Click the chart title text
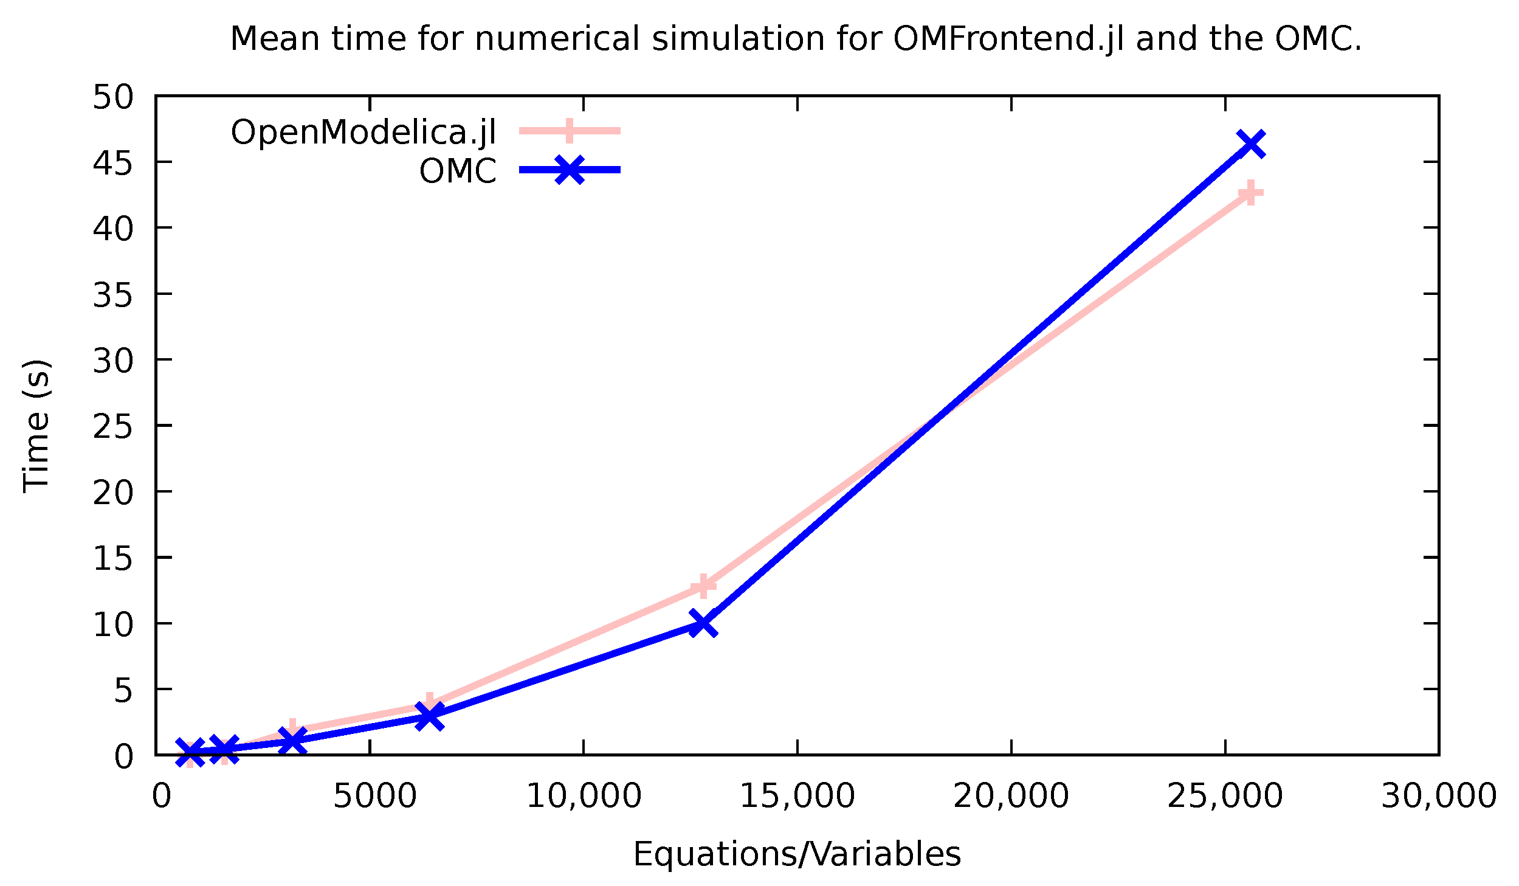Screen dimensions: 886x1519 tap(796, 40)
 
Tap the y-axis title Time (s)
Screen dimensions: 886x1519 tap(36, 426)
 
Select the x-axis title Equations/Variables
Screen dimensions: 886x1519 tap(797, 854)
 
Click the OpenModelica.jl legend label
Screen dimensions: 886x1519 tap(363, 132)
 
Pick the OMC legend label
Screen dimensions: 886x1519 tap(458, 171)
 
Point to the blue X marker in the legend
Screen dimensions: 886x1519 tap(570, 170)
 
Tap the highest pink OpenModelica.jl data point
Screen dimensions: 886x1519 tap(1250, 193)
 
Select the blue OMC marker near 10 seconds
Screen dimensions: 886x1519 tap(703, 624)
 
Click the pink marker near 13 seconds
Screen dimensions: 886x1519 tap(703, 586)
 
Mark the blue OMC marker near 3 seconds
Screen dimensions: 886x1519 tap(429, 716)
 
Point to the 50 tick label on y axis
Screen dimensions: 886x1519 tap(112, 97)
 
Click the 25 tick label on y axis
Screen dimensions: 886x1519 tap(112, 426)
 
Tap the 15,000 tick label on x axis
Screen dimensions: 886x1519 tap(797, 796)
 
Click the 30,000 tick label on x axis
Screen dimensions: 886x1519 tap(1438, 796)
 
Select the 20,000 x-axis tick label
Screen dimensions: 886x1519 tap(1011, 796)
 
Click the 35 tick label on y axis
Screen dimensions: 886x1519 tap(112, 295)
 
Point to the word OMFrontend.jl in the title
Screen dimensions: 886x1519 tap(1008, 40)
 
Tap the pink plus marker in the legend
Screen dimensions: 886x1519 tap(570, 130)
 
